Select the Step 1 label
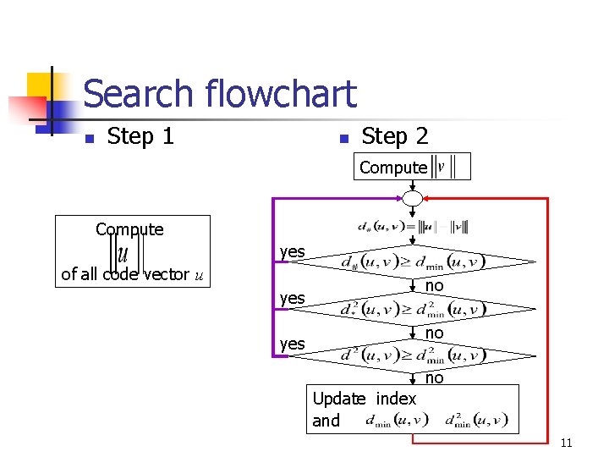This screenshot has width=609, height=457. (x=140, y=136)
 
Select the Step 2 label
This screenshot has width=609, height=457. (x=394, y=136)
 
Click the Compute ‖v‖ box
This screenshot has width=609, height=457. (x=412, y=167)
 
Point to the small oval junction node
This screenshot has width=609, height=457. (x=413, y=199)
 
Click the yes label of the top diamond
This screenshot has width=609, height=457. (x=293, y=252)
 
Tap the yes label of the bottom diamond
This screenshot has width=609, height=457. (x=293, y=343)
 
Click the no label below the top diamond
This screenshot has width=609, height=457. (x=434, y=287)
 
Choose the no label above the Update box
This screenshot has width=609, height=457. (x=434, y=378)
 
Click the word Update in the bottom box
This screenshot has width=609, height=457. (x=339, y=399)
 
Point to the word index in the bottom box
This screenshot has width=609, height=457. (x=396, y=399)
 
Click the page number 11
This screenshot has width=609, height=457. (x=567, y=443)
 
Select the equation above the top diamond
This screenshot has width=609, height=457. (x=413, y=227)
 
